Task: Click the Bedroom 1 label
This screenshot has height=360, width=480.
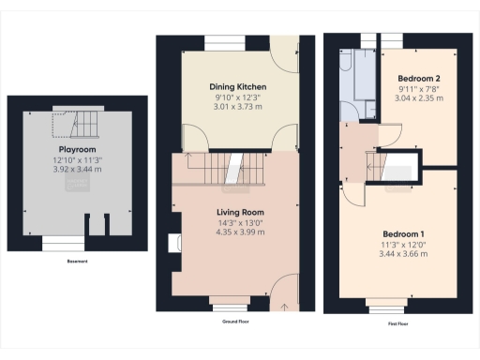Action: [x=403, y=233]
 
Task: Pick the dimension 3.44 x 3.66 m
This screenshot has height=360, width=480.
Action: [x=403, y=254]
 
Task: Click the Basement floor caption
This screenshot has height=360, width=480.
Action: [x=77, y=261]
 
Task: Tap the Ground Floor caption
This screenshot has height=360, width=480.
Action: [x=235, y=320]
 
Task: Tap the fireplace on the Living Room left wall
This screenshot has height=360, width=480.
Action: [x=175, y=245]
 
